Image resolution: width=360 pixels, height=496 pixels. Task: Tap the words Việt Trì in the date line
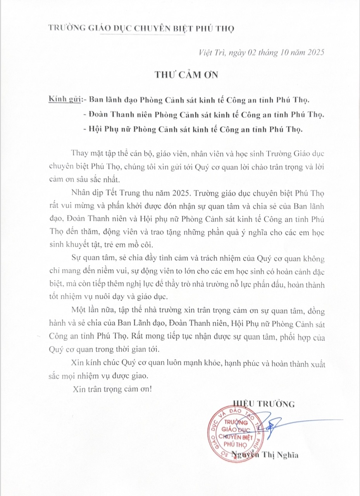tap(208, 52)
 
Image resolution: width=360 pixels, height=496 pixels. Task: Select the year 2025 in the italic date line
tap(313, 52)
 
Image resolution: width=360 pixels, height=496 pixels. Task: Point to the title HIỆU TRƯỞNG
tap(264, 404)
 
